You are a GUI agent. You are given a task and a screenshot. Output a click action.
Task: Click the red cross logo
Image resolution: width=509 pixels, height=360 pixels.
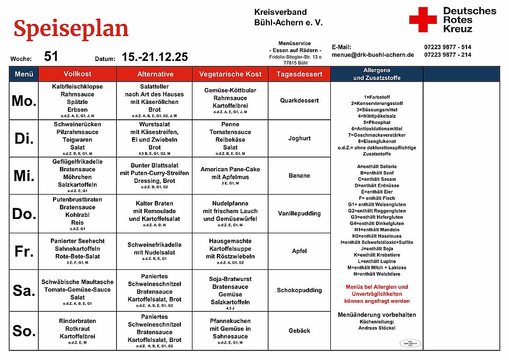coord(423,20)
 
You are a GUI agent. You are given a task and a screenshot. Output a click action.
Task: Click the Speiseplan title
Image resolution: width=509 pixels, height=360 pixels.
coord(71,29)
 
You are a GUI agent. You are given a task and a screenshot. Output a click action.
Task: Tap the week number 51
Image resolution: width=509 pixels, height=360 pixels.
coord(51,57)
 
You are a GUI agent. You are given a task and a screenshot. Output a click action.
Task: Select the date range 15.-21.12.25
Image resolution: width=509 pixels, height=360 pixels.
coord(154,57)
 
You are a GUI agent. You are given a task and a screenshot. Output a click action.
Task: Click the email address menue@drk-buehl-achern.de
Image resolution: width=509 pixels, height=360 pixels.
coord(373,55)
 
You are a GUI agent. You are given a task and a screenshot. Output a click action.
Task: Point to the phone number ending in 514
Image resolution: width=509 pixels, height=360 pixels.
coord(447,47)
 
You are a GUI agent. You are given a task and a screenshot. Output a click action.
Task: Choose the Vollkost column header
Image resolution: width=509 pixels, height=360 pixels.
coord(77,74)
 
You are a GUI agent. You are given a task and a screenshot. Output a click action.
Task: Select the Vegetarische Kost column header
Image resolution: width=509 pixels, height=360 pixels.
coord(231,74)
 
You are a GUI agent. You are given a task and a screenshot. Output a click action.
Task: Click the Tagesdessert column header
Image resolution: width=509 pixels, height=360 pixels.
coord(299,74)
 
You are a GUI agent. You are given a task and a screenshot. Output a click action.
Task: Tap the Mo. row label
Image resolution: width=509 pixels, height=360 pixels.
coord(24,101)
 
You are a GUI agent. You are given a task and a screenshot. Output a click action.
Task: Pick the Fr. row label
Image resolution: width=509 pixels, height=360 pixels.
coord(24,251)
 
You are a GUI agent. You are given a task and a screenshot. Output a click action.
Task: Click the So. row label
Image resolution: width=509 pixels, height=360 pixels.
coord(24,331)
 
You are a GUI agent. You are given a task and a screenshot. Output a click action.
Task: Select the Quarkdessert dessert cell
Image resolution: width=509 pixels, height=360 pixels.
coord(299,101)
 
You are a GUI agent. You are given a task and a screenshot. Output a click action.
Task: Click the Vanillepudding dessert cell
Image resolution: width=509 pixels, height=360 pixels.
coord(299,214)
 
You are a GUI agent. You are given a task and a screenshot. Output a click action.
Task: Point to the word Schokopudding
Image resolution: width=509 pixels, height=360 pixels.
coord(299,291)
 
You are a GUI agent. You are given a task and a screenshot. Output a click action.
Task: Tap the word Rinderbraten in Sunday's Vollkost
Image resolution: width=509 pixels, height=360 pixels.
coord(77,321)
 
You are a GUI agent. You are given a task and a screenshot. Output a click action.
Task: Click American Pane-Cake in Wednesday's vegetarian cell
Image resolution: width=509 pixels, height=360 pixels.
coord(230,169)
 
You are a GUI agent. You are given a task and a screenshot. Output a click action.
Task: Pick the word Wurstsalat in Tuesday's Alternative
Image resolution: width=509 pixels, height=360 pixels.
coord(154,124)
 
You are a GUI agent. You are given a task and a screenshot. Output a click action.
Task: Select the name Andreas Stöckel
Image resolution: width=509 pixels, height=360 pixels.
coord(376,328)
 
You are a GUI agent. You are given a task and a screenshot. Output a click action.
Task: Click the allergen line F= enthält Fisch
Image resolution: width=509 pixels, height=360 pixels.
coord(376,198)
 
